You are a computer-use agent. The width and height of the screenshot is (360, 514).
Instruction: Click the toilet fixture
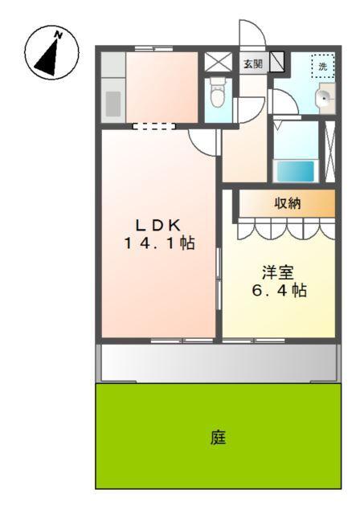tap(217, 96)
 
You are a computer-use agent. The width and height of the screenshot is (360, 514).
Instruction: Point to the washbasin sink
tap(323, 99)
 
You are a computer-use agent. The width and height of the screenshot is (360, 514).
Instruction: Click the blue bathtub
tap(295, 170)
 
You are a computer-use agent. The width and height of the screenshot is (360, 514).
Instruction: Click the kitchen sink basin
tap(113, 103)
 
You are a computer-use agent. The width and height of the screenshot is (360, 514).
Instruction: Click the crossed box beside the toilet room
tap(217, 63)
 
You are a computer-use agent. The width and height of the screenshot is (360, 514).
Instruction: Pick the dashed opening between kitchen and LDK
tap(153, 125)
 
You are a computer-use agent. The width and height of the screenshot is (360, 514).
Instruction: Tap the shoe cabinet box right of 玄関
tap(276, 63)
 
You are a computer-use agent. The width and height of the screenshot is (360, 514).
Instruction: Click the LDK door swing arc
tap(202, 141)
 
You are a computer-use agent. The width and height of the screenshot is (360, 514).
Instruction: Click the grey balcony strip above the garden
tap(217, 363)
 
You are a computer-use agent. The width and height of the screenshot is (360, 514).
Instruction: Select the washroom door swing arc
tap(281, 100)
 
